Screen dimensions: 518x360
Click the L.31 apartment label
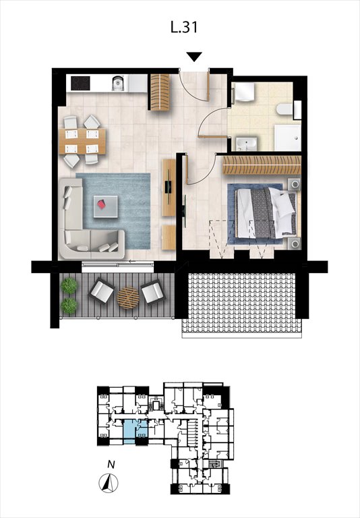click(x=185, y=28)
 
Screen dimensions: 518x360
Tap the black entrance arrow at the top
click(x=194, y=57)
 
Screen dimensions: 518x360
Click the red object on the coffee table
click(x=102, y=204)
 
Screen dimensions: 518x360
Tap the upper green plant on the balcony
click(x=68, y=286)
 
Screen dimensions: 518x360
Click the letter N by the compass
click(x=112, y=464)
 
